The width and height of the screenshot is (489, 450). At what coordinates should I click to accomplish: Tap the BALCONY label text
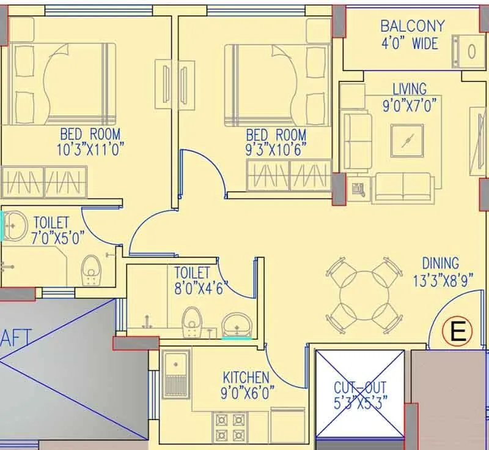[x=412, y=26]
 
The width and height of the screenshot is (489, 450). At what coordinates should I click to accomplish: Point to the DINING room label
[x=440, y=263]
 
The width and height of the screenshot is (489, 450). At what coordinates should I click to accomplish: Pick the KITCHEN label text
[x=246, y=377]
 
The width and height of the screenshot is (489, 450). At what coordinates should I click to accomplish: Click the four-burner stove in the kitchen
[x=229, y=425]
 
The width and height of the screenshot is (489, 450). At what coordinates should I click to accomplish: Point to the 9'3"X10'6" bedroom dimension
[x=276, y=149]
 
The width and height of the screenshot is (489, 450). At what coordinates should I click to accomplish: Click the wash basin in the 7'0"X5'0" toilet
[x=15, y=225]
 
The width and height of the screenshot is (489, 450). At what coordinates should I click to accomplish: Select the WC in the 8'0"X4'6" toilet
[x=192, y=321]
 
